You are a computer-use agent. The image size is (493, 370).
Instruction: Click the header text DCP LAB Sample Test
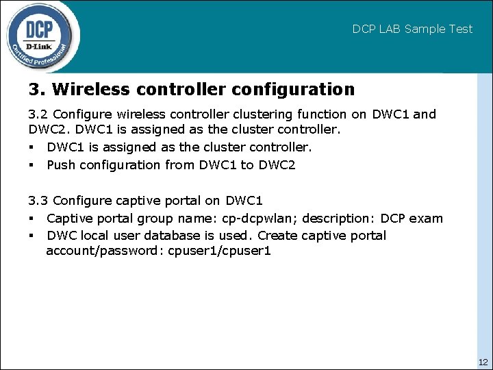(412, 29)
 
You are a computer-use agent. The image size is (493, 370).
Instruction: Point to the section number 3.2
(38, 114)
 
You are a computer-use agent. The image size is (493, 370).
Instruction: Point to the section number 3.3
(38, 201)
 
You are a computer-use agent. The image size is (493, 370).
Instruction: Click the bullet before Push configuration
(31, 165)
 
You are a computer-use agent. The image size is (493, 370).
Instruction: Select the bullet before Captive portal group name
(31, 219)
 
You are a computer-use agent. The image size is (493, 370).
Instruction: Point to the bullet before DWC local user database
(31, 236)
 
